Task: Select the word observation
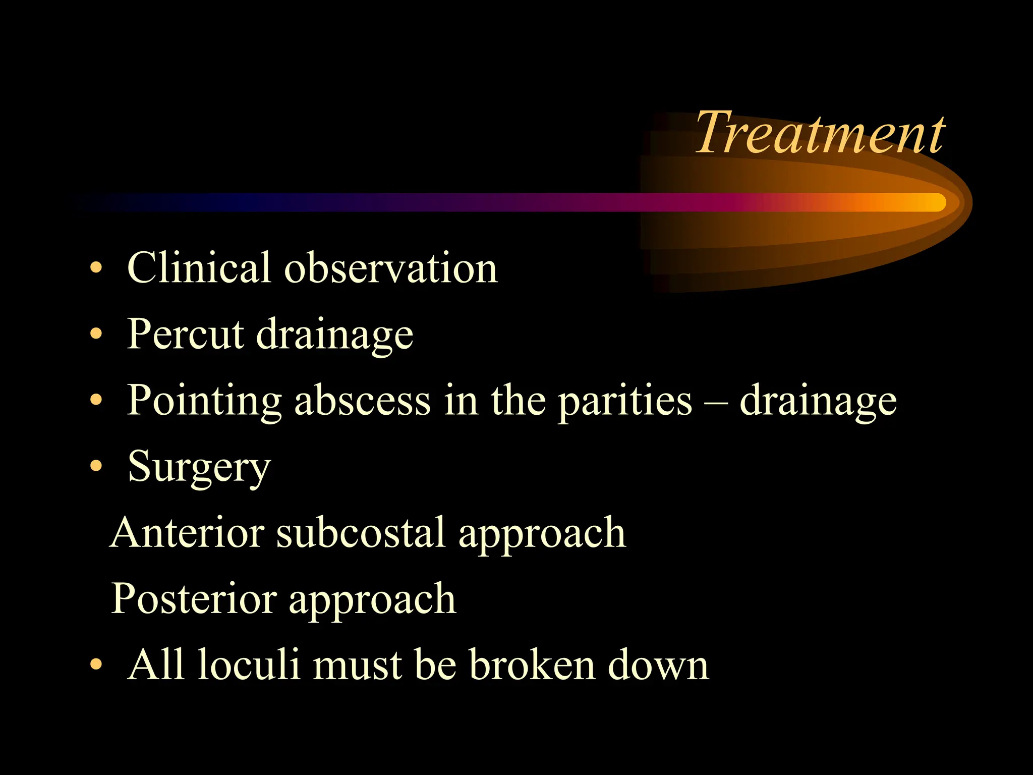[x=391, y=267]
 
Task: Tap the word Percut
[x=185, y=334]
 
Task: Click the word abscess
[x=362, y=400]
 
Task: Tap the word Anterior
[x=187, y=532]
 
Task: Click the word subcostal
[x=361, y=532]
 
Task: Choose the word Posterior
[x=193, y=598]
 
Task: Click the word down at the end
[x=658, y=664]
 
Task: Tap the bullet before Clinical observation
[x=96, y=268]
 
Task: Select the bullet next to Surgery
[x=96, y=466]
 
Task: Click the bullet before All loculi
[x=96, y=665]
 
